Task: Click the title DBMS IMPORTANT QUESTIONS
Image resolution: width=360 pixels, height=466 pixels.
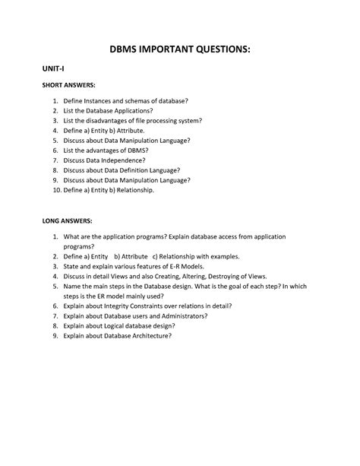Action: [179, 49]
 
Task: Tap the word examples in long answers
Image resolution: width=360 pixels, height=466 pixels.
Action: [222, 257]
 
